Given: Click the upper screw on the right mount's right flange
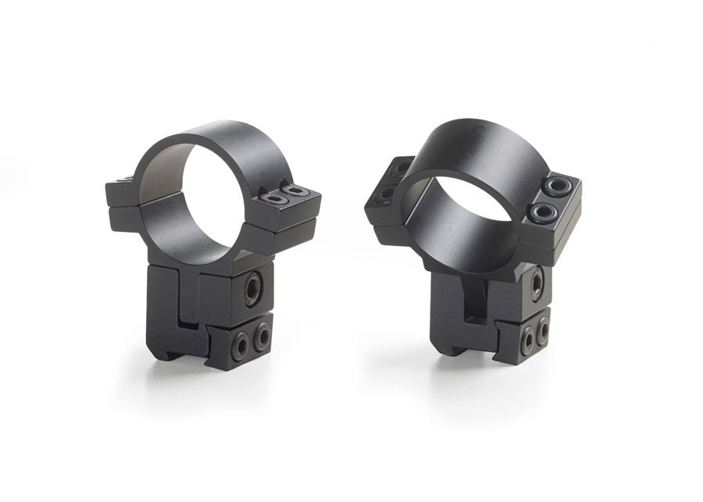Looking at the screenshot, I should tap(556, 185).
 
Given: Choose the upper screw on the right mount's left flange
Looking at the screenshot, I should tap(401, 168).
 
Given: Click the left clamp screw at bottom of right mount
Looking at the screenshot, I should tap(527, 337).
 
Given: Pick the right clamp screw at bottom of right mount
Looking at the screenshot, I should tap(542, 331).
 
